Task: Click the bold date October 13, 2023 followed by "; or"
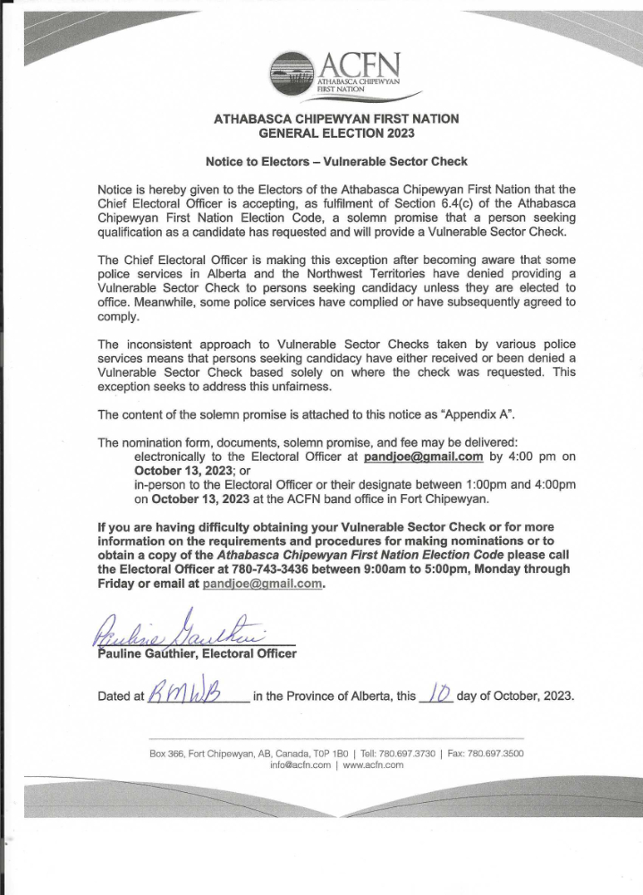point(186,470)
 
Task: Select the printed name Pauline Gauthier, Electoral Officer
point(197,653)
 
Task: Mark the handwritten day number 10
point(437,694)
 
